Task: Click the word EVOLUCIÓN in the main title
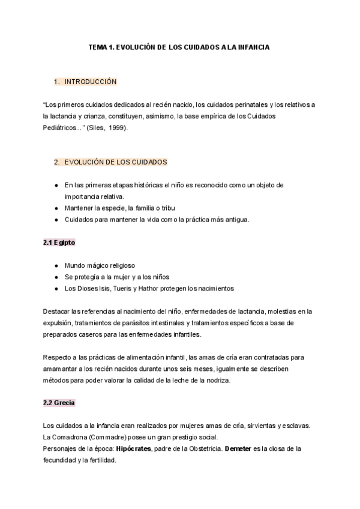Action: click(134, 47)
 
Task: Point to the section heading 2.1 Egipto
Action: click(59, 242)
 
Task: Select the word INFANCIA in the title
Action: click(249, 47)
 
